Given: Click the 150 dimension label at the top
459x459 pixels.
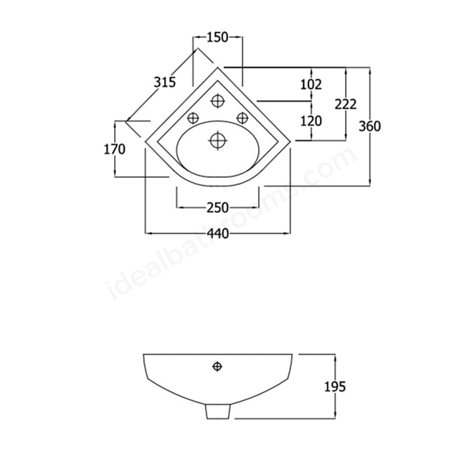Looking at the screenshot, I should (219, 37).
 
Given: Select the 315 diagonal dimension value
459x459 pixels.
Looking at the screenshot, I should (165, 82).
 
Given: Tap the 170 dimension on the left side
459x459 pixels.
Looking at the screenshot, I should (115, 149).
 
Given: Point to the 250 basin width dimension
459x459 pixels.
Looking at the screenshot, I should (217, 208).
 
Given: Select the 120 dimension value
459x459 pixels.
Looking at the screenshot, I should (311, 121).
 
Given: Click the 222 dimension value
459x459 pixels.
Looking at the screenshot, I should (346, 104).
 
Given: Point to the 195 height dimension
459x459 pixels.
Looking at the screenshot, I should (334, 387).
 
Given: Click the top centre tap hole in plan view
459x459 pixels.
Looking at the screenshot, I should (217, 101).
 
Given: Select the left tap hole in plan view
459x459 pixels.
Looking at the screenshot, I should (192, 118).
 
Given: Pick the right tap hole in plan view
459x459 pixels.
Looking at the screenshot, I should (242, 118).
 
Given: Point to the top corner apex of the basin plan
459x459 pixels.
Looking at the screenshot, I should (219, 68).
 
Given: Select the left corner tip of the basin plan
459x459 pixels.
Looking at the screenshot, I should (146, 141).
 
